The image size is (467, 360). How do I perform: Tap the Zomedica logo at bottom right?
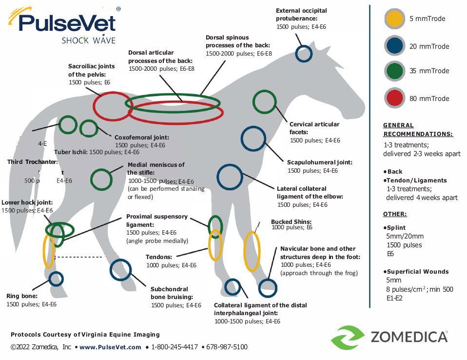pos(389,337)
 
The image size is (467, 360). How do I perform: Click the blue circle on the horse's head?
pos(304,53)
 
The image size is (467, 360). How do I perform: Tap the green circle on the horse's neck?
pos(264,102)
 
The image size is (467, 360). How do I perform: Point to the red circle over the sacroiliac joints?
pos(111,106)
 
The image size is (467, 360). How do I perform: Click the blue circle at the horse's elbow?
pos(230,177)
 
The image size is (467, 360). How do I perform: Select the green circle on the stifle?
pos(101,179)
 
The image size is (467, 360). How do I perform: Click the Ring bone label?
pos(22,296)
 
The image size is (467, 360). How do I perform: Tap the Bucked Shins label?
pos(291,222)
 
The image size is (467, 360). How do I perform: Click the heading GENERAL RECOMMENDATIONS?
pos(418,130)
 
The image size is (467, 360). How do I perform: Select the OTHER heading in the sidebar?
pos(395,214)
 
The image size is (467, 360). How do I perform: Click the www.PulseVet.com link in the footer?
pos(110,347)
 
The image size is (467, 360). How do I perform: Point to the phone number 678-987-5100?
pos(227,347)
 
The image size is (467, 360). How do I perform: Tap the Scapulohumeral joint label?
pos(320,162)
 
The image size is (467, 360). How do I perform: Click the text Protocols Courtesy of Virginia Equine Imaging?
pos(85,335)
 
